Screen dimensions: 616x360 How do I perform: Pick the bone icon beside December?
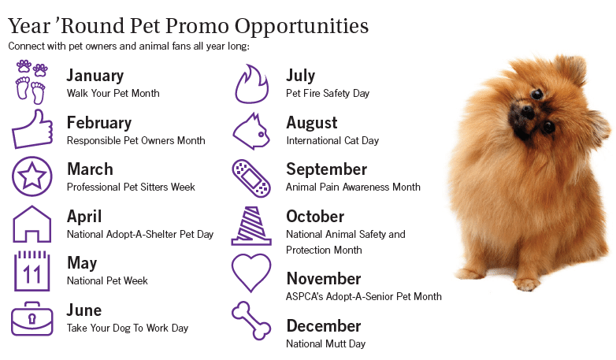[x=251, y=321]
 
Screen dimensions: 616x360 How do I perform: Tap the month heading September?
[x=326, y=170]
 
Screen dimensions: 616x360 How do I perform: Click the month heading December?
[x=324, y=326]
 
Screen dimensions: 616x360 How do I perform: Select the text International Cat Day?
[x=332, y=141]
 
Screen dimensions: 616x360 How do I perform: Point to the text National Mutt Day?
[x=325, y=344]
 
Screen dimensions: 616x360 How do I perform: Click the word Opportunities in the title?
[x=302, y=27]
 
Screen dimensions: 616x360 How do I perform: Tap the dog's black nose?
[x=528, y=112]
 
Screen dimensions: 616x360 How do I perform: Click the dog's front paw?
[x=525, y=284]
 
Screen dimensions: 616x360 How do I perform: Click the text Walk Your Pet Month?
[x=113, y=94]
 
